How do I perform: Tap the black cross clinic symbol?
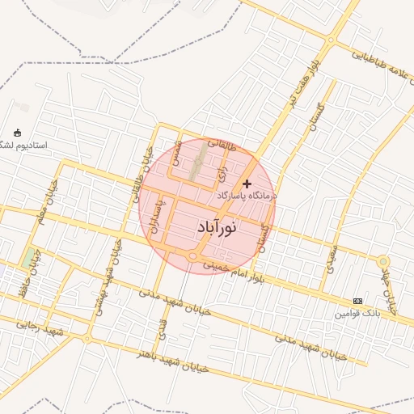(247, 184)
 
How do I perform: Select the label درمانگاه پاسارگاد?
(247, 196)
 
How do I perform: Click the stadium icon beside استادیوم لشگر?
(19, 133)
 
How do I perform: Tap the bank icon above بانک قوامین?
(358, 301)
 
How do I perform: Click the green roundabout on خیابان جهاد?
(383, 262)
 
